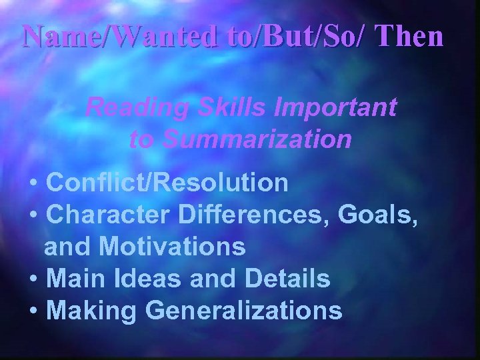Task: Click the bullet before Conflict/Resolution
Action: pos(33,183)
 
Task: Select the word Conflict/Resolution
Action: pos(168,182)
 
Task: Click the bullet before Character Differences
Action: pos(33,215)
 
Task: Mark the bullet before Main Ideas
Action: pos(33,280)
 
